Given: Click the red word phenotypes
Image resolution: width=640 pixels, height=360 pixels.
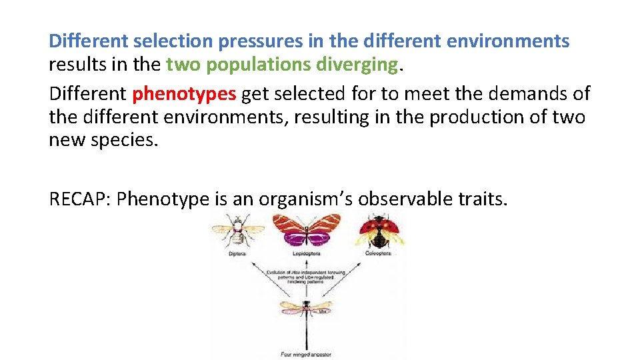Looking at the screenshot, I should tap(184, 94).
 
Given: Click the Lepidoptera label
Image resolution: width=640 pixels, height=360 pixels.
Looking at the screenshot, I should tap(307, 253).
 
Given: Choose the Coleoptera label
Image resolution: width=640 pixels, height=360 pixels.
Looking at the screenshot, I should tap(377, 253).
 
